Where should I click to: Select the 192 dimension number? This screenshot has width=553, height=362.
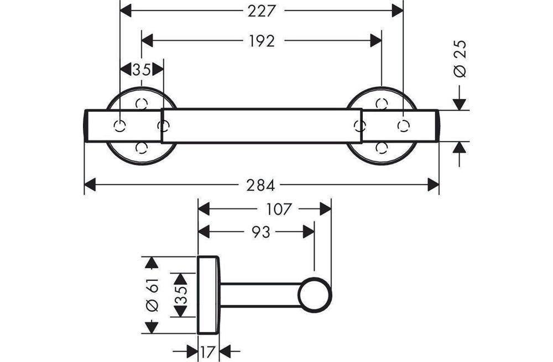[x=262, y=41]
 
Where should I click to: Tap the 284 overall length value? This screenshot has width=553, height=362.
[x=260, y=185]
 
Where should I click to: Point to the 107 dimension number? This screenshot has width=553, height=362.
[x=278, y=209]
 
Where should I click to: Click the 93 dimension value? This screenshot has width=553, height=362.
[x=260, y=232]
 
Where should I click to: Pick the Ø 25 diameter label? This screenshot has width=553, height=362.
[x=460, y=59]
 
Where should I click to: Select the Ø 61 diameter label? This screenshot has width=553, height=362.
[x=153, y=295]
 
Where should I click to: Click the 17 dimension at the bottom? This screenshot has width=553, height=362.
[x=208, y=351]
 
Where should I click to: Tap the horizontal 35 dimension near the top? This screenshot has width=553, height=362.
[x=142, y=70]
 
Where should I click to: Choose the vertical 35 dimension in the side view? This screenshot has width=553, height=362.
[x=181, y=295]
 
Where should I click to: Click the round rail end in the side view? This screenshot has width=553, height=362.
[x=315, y=295]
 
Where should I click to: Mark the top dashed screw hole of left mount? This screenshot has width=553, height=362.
[x=142, y=103]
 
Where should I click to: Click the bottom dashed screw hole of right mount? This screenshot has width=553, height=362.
[x=382, y=148]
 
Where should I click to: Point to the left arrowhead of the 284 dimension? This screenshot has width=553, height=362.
[x=90, y=185]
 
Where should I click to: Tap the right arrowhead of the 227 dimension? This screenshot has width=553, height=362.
[x=398, y=11]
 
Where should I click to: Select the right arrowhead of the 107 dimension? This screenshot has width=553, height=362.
[x=326, y=209]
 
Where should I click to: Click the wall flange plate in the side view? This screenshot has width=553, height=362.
[x=208, y=295]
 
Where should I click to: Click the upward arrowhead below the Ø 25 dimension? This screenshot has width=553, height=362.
[x=459, y=148]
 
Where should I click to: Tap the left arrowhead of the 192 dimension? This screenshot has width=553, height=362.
[x=148, y=41]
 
